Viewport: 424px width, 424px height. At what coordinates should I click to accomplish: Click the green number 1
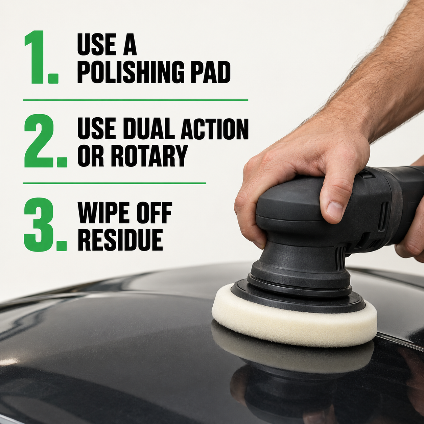[x=35, y=57]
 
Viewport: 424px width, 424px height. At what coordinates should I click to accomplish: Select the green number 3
[x=39, y=224]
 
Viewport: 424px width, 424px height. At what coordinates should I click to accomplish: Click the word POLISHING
[x=130, y=72]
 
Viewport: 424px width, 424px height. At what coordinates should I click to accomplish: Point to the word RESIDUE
[x=120, y=240]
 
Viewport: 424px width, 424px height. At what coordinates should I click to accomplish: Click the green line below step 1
[x=135, y=100]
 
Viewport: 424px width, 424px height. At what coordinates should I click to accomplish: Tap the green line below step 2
[x=114, y=183]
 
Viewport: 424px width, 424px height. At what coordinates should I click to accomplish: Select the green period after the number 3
[x=62, y=246]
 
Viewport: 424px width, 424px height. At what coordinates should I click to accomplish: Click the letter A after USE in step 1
[x=130, y=44]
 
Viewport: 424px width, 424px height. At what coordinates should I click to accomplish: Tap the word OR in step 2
[x=91, y=156]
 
